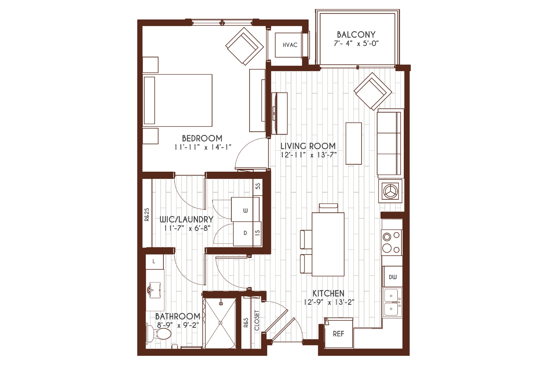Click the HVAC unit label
[x=290, y=45]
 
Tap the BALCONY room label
[x=356, y=34]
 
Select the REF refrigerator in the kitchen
[x=338, y=333]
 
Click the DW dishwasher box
[x=393, y=277]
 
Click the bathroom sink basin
[x=155, y=290]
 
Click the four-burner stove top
[x=391, y=243]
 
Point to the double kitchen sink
[x=392, y=302]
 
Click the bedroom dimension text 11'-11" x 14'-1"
[x=203, y=147]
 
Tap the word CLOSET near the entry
[x=257, y=320]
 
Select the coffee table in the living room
[x=353, y=143]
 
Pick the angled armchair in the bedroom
[x=245, y=46]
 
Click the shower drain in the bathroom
[x=221, y=323]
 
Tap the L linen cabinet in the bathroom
[x=154, y=262]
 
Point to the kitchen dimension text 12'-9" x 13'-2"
[x=329, y=302]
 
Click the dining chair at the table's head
[x=328, y=208]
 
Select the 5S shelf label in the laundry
[x=258, y=186]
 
